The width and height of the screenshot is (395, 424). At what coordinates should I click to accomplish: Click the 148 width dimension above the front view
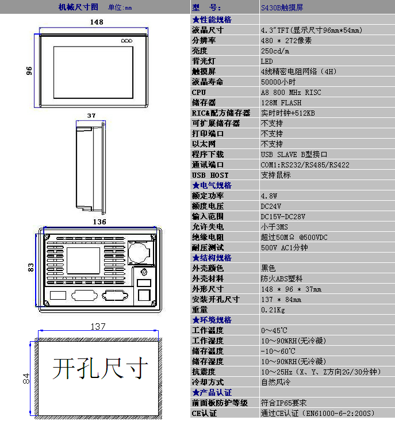tap(97, 22)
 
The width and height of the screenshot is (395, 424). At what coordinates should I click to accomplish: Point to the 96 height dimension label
tap(28, 70)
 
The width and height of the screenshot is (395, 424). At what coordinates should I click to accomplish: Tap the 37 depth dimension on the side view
tap(91, 115)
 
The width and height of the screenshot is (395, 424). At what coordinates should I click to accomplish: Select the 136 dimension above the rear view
tap(99, 221)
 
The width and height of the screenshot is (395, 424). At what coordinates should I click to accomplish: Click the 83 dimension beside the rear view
tap(31, 267)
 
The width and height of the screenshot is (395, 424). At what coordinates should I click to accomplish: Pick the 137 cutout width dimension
tap(98, 326)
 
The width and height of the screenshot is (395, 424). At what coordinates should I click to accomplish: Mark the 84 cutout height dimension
tap(25, 379)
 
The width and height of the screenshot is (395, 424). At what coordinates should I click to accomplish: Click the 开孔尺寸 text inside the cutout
tap(100, 369)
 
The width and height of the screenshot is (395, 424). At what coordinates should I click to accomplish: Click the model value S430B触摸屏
tap(282, 8)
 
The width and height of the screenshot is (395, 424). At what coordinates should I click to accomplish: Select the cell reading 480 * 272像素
tap(286, 40)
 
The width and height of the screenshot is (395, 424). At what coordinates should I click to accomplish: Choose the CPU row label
tap(199, 92)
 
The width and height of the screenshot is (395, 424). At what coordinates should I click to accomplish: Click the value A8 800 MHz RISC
tap(291, 92)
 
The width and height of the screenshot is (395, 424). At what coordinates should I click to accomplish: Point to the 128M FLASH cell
tap(281, 102)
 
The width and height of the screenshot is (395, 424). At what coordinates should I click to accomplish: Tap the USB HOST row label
tap(210, 175)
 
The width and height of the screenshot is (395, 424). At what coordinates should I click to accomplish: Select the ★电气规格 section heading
tap(212, 185)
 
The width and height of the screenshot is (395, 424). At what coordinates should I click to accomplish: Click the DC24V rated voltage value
tap(271, 206)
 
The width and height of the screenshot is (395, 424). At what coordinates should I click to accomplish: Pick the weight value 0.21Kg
tap(273, 310)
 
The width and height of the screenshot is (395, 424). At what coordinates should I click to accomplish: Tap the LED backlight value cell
tap(267, 61)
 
